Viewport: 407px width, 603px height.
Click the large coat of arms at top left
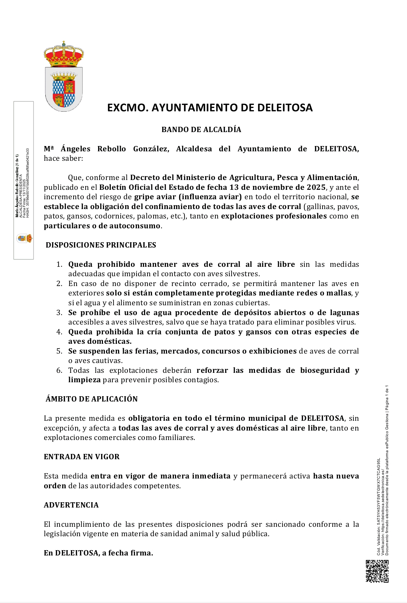pyautogui.click(x=63, y=77)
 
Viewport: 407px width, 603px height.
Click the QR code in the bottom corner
pyautogui.click(x=377, y=571)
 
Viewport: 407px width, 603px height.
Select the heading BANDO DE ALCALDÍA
pyautogui.click(x=201, y=129)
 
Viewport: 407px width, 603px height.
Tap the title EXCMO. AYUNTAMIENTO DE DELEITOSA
pyautogui.click(x=210, y=108)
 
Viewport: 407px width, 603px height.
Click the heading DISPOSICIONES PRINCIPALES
pyautogui.click(x=101, y=245)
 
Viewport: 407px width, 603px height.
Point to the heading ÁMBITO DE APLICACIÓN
pyautogui.click(x=92, y=399)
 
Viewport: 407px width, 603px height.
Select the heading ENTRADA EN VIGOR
pyautogui.click(x=81, y=457)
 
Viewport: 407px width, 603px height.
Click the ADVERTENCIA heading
pyautogui.click(x=71, y=505)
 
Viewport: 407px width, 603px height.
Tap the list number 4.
pyautogui.click(x=59, y=332)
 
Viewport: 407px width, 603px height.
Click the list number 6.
pyautogui.click(x=59, y=371)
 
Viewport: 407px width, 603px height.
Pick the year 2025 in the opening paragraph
pyautogui.click(x=316, y=188)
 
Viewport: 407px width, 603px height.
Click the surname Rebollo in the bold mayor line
pyautogui.click(x=112, y=149)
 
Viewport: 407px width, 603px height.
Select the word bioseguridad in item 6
pyautogui.click(x=325, y=371)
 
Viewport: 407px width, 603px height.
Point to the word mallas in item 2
pyautogui.click(x=341, y=293)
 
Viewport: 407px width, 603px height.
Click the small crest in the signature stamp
pyautogui.click(x=24, y=238)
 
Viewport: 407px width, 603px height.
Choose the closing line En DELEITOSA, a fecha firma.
pyautogui.click(x=98, y=553)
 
